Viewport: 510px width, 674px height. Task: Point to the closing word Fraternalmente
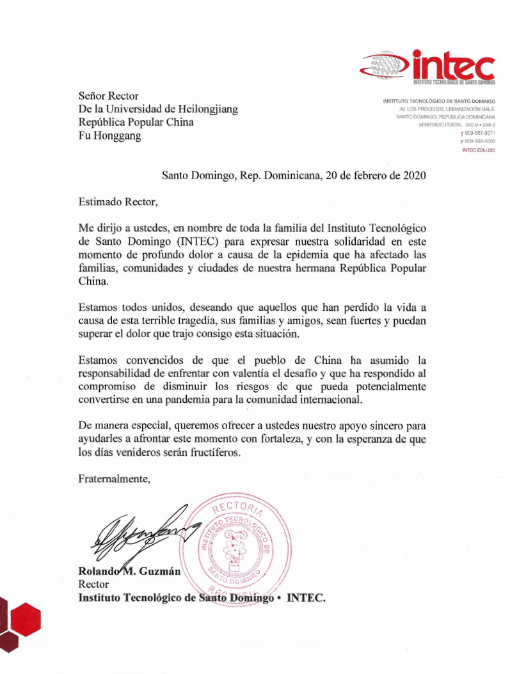[x=114, y=478]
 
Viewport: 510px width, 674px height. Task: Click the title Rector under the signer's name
[x=93, y=584]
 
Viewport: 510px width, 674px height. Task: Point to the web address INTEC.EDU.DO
[x=478, y=150]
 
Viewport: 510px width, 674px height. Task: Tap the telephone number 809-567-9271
[x=480, y=133]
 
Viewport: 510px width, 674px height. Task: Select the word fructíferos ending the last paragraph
[x=217, y=453]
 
